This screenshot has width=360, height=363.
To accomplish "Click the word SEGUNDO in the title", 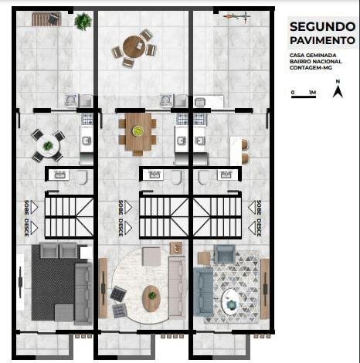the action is pyautogui.click(x=322, y=27).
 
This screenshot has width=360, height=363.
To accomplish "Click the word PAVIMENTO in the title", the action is pyautogui.click(x=322, y=40).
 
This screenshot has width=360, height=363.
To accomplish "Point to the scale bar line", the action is pyautogui.click(x=304, y=97).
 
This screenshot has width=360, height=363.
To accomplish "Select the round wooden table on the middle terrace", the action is pyautogui.click(x=134, y=47).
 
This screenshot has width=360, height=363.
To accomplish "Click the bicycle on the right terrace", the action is pyautogui.click(x=236, y=16).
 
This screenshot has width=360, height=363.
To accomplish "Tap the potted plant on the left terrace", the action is pyautogui.click(x=83, y=22).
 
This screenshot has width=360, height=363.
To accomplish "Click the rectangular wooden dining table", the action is pyautogui.click(x=138, y=132).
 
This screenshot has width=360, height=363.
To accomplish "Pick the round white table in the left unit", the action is pyautogui.click(x=48, y=146).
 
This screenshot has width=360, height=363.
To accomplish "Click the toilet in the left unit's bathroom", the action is pyautogui.click(x=82, y=177).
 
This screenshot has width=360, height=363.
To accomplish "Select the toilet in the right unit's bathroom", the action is pyautogui.click(x=203, y=177).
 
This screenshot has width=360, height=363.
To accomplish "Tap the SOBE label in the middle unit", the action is pyautogui.click(x=121, y=208).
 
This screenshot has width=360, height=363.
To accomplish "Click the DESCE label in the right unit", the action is pyautogui.click(x=259, y=227).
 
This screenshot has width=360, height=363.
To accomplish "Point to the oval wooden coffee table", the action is pyautogui.click(x=151, y=299).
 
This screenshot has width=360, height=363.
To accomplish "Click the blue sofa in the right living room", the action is pyautogui.click(x=203, y=291).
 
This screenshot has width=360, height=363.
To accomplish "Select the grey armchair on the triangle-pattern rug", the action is pyautogui.click(x=225, y=253).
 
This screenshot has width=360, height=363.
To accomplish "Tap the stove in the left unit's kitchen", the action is pyautogui.click(x=87, y=119).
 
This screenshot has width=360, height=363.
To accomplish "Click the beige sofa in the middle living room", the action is pyautogui.click(x=177, y=287).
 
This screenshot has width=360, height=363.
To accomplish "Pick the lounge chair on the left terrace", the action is pyautogui.click(x=46, y=19).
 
